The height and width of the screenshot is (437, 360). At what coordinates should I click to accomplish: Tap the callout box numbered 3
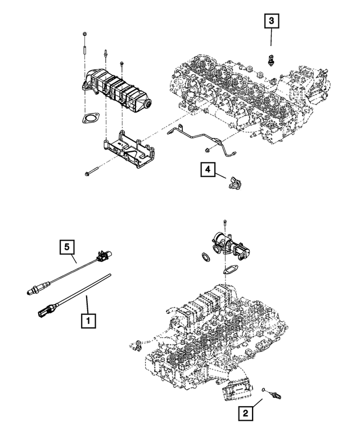click(x=271, y=22)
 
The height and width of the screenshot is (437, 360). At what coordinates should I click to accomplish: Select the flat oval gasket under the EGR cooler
click(x=88, y=119)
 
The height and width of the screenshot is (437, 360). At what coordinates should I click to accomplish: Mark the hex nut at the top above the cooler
click(x=84, y=35)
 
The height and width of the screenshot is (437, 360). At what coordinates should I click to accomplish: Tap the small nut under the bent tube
click(x=208, y=149)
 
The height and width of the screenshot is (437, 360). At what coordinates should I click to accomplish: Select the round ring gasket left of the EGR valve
click(x=206, y=256)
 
